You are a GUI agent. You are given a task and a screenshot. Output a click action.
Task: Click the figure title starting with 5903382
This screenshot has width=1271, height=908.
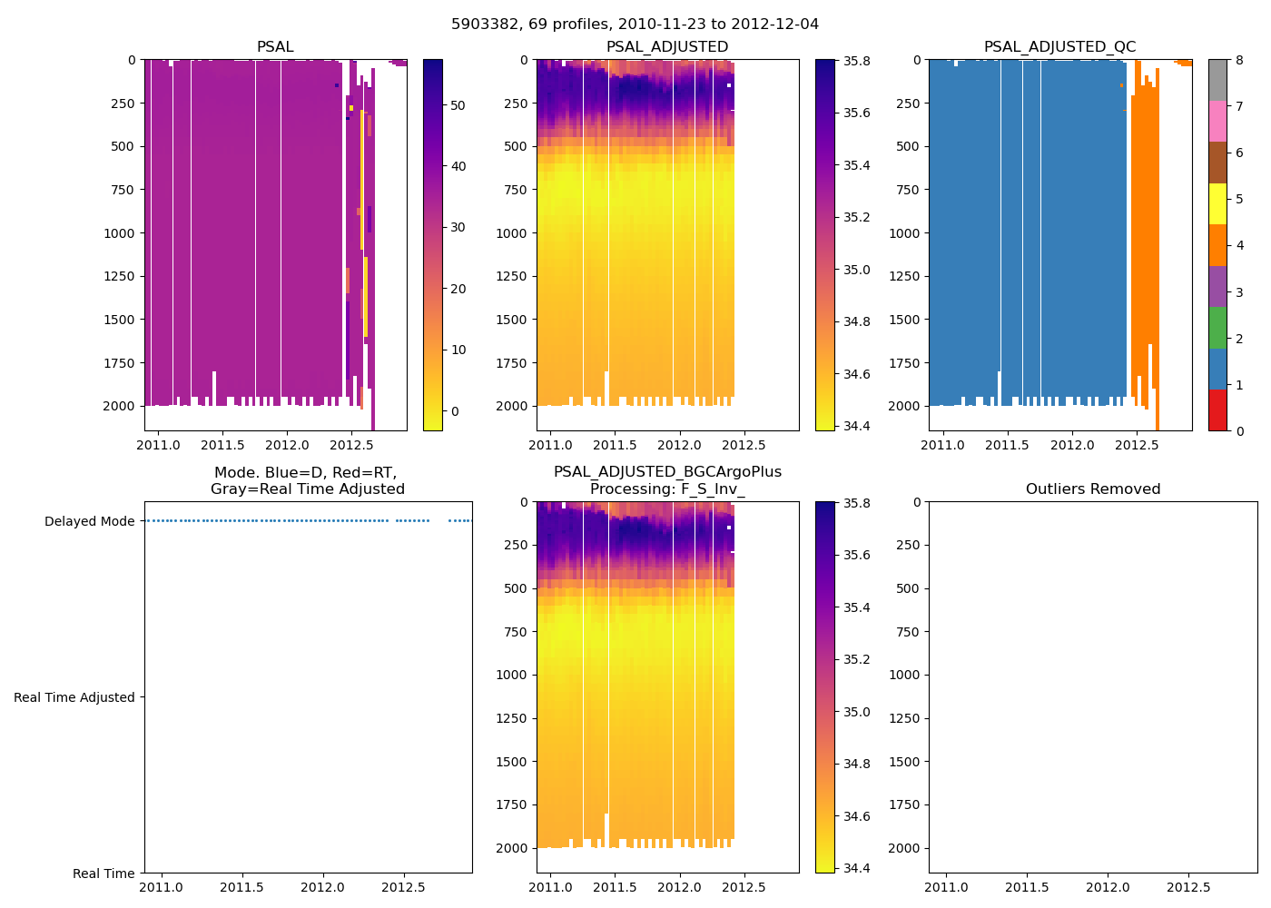point(635,25)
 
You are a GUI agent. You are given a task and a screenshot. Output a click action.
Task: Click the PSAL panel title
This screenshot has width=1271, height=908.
point(275,47)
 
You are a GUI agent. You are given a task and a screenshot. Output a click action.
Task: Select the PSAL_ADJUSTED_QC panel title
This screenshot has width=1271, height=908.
point(1059,47)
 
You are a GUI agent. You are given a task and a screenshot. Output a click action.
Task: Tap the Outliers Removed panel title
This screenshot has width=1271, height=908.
point(1093,489)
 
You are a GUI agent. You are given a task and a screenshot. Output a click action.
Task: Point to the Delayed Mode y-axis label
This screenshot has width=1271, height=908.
point(89,521)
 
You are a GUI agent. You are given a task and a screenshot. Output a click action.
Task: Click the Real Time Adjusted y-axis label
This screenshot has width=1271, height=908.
point(74,697)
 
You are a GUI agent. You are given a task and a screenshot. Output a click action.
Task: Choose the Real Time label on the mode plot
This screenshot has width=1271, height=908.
point(103,873)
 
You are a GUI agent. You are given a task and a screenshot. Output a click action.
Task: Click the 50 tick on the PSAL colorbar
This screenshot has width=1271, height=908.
point(458,105)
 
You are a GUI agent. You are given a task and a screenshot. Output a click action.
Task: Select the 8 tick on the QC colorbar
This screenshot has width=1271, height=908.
point(1239,60)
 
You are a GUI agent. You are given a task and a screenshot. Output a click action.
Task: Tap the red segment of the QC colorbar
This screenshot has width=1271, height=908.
point(1217,410)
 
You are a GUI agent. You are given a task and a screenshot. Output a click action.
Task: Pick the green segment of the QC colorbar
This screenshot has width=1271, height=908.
point(1217,327)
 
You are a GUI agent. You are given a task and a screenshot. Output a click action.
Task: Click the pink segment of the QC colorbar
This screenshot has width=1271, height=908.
point(1217,121)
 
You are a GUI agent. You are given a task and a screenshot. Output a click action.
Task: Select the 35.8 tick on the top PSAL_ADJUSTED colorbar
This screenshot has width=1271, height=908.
point(857,62)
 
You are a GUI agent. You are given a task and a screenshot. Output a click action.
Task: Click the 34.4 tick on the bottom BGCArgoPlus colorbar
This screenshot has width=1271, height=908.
point(857,868)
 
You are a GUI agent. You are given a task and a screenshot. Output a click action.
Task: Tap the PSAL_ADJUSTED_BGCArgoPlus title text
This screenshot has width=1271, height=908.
point(667,472)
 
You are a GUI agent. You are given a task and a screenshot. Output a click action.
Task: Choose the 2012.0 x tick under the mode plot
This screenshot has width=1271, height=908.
point(321,887)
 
